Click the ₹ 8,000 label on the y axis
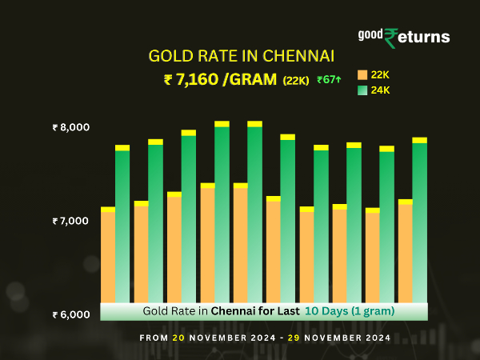[71, 127]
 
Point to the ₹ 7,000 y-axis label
[71, 220]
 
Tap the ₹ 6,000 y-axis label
[71, 314]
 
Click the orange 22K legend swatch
[362, 75]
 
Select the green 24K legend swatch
[362, 90]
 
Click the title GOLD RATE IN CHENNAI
[241, 56]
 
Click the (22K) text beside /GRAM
[296, 80]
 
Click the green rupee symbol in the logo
[391, 38]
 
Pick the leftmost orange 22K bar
[108, 256]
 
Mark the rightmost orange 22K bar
[405, 252]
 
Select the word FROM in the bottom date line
[154, 338]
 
